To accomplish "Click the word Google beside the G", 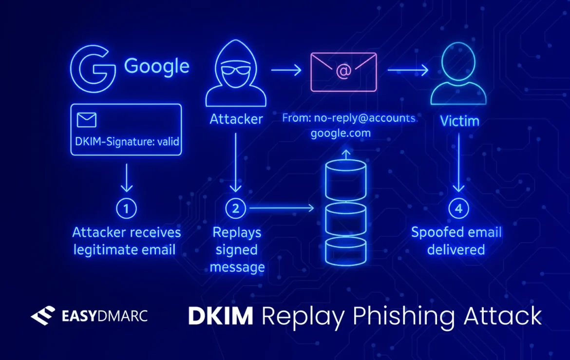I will (156, 66).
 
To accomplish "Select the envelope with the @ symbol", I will (344, 71).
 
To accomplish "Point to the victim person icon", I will (458, 74).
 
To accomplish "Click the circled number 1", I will (127, 208).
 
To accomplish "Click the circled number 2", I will (236, 208).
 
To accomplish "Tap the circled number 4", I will (458, 208).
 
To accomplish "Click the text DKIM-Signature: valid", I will (127, 142).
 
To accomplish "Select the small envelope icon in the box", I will (87, 120).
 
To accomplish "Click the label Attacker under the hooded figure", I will (236, 119).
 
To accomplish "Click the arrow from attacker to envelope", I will (286, 71).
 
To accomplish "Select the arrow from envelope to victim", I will (407, 71).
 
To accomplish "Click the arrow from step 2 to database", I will (280, 208).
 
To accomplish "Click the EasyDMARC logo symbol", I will (43, 316).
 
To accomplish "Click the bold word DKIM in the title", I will (220, 316).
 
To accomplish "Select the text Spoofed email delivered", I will (456, 241).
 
